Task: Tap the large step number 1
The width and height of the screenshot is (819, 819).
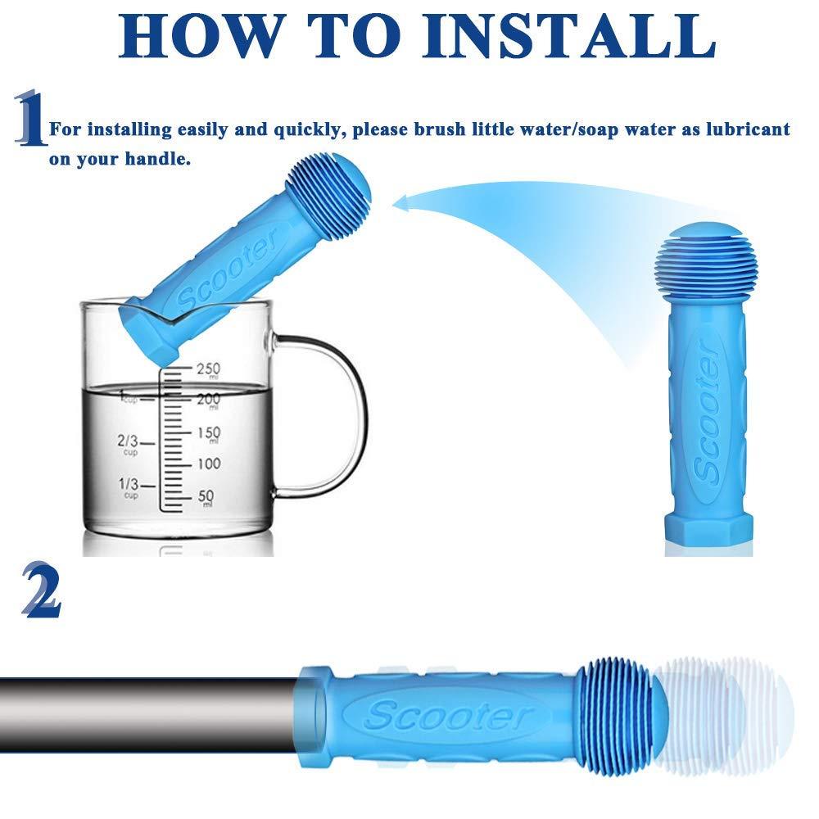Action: [x=30, y=118]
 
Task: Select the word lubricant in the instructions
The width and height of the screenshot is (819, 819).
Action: [x=748, y=129]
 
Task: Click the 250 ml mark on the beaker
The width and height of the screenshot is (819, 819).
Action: [x=208, y=370]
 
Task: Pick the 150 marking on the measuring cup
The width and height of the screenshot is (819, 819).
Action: [x=208, y=434]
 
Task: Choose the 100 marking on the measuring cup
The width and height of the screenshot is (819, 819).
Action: [x=208, y=464]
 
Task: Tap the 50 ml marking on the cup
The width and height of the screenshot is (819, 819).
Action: [x=206, y=496]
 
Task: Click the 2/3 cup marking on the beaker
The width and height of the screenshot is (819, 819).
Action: [x=128, y=443]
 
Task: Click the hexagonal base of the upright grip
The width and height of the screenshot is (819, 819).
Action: [x=708, y=531]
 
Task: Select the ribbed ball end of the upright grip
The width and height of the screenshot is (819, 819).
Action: [x=702, y=266]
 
